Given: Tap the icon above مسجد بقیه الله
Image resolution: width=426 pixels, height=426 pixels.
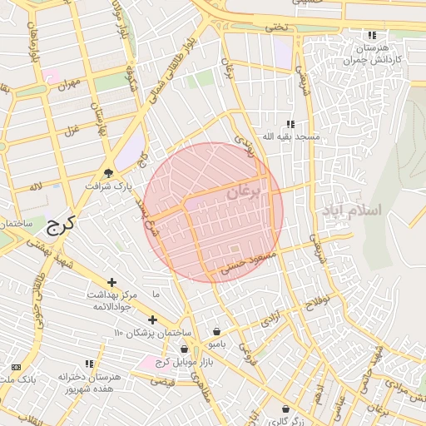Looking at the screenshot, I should coord(290,124).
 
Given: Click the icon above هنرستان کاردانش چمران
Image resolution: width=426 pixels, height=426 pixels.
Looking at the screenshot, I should coord(371,36).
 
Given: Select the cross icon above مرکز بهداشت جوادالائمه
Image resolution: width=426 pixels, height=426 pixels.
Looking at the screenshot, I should coord(111,282).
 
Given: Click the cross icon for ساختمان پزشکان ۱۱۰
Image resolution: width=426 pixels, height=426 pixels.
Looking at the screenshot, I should coord(152,319).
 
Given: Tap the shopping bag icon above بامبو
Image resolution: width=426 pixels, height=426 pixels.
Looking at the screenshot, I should coord(216,331).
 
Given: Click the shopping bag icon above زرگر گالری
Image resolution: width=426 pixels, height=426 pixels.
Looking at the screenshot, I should coord(286,409).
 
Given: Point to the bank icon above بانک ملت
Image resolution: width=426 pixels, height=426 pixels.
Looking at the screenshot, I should coord(16,367).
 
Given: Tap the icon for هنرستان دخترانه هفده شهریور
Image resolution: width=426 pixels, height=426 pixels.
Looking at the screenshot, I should coord(89,364).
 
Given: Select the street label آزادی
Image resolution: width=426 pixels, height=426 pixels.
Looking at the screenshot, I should coord(272,319).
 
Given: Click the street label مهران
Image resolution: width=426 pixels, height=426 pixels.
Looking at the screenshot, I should coord(67,84).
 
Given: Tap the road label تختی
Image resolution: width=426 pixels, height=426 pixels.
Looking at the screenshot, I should coord(275,27).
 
